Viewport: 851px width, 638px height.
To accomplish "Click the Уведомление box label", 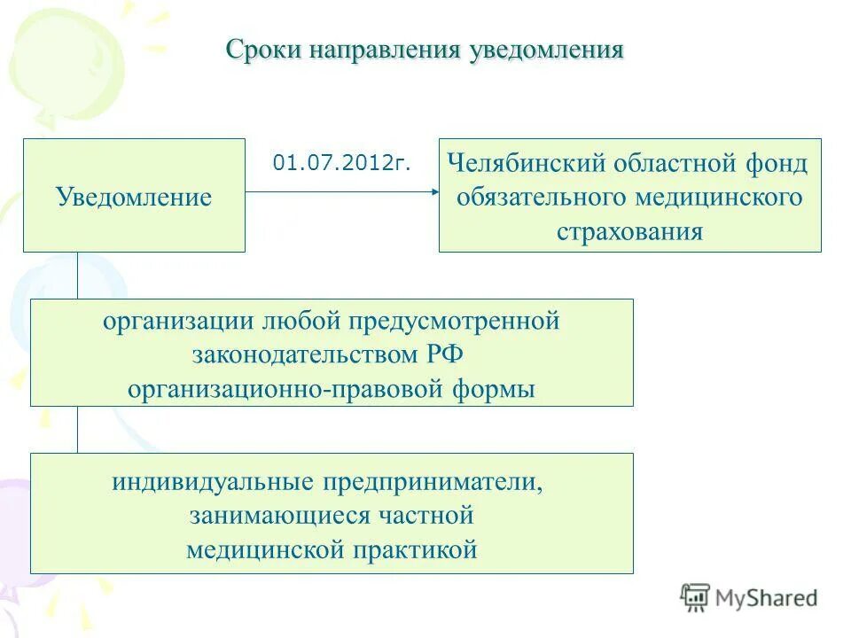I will point(134,196).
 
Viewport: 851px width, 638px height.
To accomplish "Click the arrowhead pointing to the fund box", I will point(433,191).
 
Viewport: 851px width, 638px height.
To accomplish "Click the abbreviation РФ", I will point(445,354).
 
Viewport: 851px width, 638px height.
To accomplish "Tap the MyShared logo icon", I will point(696,597).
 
